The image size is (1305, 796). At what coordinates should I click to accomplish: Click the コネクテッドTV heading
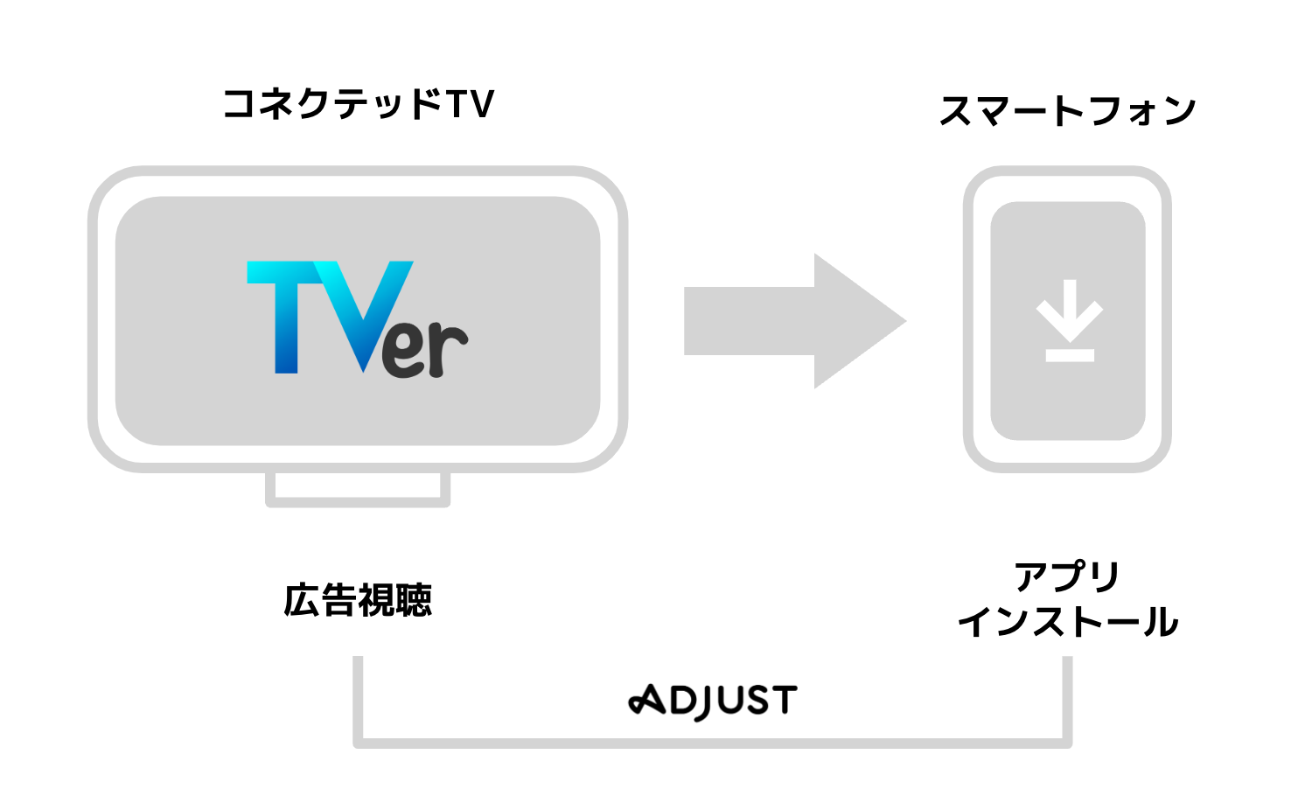pyautogui.click(x=359, y=104)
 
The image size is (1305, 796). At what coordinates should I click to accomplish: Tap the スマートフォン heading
pyautogui.click(x=1067, y=111)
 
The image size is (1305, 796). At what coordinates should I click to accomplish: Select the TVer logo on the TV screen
pyautogui.click(x=357, y=319)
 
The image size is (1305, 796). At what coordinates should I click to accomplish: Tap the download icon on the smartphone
pyautogui.click(x=1069, y=320)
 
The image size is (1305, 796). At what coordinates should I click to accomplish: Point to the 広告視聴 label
pyautogui.click(x=358, y=600)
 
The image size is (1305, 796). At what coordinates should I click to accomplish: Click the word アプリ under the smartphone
pyautogui.click(x=1067, y=576)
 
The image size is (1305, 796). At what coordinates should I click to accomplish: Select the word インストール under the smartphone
pyautogui.click(x=1067, y=622)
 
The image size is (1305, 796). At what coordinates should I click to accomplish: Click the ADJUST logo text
pyautogui.click(x=713, y=701)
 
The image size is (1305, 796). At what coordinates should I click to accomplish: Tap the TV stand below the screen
pyautogui.click(x=358, y=490)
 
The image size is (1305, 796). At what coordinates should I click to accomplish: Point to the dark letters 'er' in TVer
pyautogui.click(x=426, y=349)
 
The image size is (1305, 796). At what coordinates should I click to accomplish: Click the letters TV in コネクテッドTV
pyautogui.click(x=471, y=104)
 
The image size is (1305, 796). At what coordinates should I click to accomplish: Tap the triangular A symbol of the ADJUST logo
pyautogui.click(x=647, y=700)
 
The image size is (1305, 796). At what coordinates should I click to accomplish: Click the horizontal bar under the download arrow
pyautogui.click(x=1069, y=354)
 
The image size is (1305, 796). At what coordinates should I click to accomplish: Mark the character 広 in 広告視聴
pyautogui.click(x=301, y=600)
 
